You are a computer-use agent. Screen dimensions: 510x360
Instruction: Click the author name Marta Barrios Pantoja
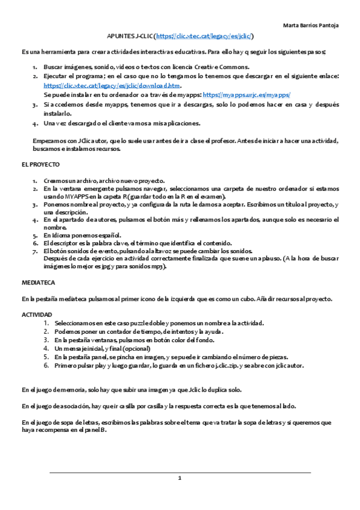point(310,25)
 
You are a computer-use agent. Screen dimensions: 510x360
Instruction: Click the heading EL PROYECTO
point(40,164)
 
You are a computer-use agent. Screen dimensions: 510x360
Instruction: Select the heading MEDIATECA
point(38,281)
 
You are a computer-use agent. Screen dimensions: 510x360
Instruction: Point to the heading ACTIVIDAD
point(37,315)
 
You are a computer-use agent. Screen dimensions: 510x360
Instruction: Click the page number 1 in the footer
point(179,478)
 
